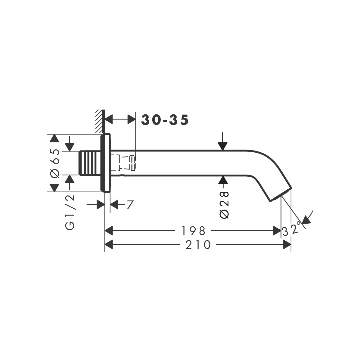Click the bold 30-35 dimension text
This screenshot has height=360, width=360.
click(x=165, y=120)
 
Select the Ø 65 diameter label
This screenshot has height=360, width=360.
click(x=55, y=163)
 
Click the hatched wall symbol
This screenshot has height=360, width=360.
click(x=99, y=122)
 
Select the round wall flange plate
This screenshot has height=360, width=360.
click(x=105, y=163)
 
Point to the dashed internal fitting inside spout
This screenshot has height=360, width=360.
click(x=123, y=162)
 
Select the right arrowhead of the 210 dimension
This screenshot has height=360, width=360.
click(x=287, y=245)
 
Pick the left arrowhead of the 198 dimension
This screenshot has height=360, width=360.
click(x=109, y=231)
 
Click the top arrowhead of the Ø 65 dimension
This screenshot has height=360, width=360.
click(x=54, y=138)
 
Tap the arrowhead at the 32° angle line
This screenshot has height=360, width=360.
click(x=306, y=220)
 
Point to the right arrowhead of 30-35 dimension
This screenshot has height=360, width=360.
click(x=132, y=119)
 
